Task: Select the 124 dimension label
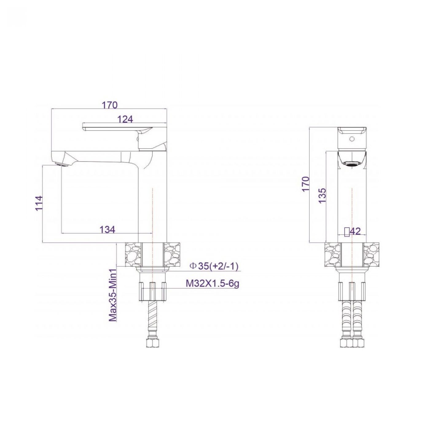tap(125, 119)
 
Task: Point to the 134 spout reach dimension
tap(107, 229)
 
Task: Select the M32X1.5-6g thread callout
tap(213, 284)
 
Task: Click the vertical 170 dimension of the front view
tap(306, 183)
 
